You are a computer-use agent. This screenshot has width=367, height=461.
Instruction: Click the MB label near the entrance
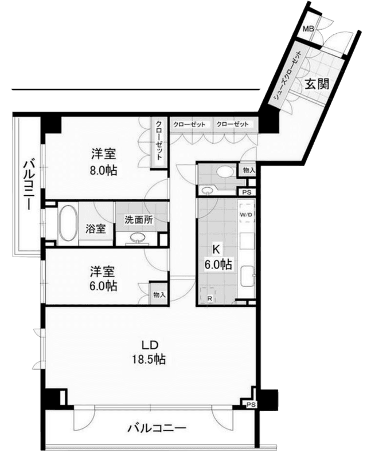[308, 29]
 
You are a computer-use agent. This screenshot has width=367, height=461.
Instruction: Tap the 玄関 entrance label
[317, 84]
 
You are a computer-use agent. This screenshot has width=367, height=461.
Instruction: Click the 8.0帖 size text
[103, 170]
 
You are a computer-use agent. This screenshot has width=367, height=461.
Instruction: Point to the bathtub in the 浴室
[68, 223]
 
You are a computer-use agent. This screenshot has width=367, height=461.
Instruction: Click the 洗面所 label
[139, 220]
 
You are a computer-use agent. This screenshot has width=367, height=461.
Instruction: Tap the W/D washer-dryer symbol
[246, 215]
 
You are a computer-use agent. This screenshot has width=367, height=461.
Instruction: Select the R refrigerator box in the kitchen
[209, 295]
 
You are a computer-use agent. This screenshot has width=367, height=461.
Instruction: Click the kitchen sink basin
[248, 276]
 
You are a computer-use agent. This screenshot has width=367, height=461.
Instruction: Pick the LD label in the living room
[150, 345]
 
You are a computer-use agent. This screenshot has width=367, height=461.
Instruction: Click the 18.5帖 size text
[149, 359]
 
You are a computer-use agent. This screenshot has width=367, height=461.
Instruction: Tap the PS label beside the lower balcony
[251, 404]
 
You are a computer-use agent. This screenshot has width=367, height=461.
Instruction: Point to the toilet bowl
[225, 171]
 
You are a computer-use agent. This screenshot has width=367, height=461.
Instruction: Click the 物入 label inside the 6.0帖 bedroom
[159, 294]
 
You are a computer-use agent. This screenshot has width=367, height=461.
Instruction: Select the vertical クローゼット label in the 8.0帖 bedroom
[159, 140]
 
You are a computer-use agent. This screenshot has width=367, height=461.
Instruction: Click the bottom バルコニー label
[157, 427]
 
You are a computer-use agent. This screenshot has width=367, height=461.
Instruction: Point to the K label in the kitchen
[216, 249]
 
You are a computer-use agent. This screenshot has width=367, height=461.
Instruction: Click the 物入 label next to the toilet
[249, 170]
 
